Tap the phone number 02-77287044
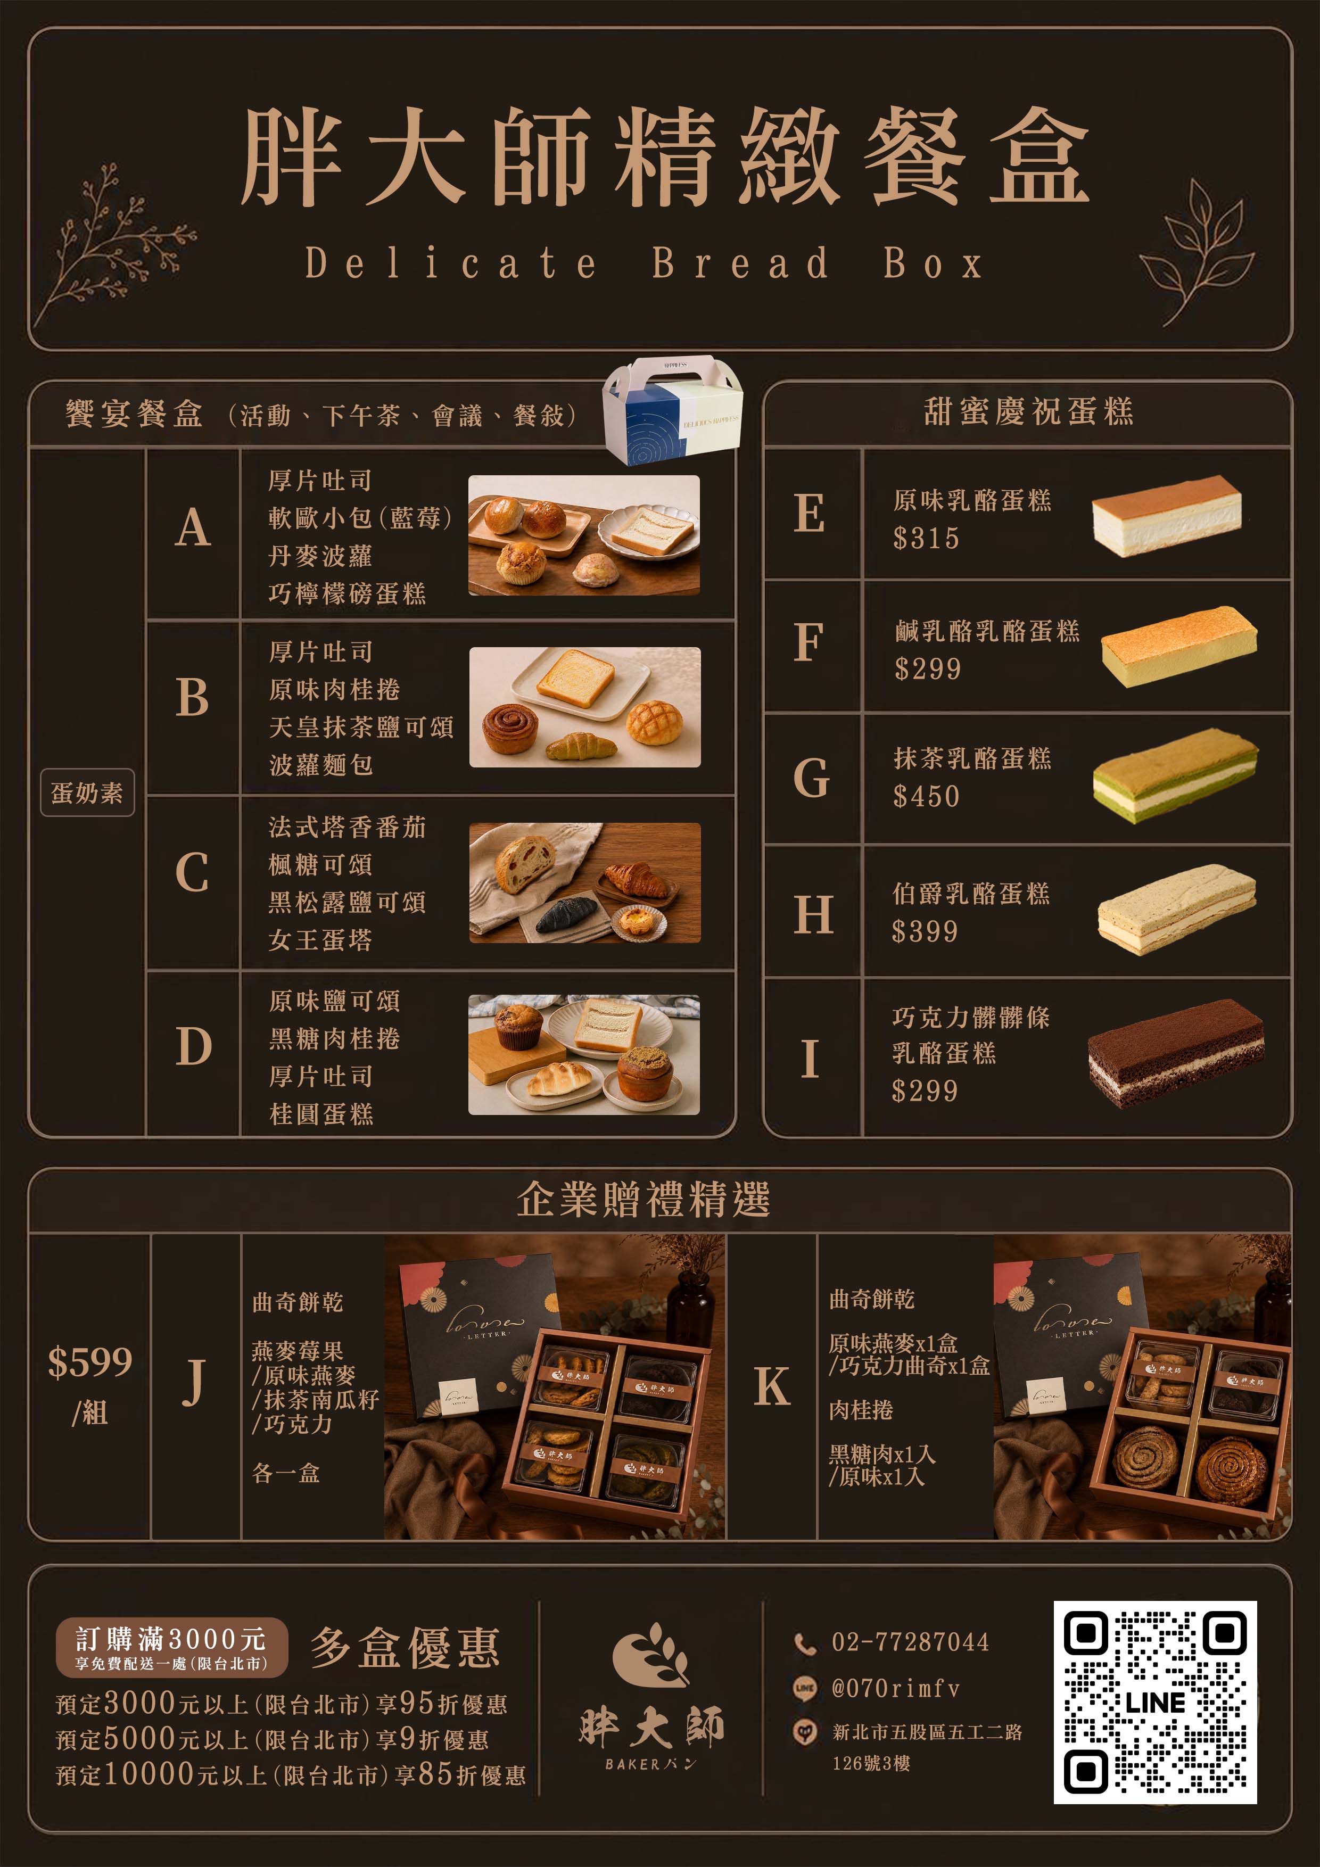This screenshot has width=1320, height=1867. [910, 1642]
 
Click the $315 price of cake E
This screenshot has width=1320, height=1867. [926, 538]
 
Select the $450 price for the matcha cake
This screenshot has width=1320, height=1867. [926, 796]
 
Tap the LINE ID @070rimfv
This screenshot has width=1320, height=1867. [895, 1689]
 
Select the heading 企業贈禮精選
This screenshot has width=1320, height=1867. [643, 1200]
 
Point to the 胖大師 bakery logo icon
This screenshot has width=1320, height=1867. [648, 1654]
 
